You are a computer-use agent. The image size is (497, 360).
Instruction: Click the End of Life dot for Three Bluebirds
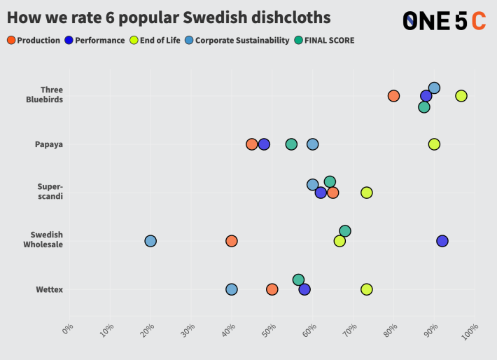click(461, 96)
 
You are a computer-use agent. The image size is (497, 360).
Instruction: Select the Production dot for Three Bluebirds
click(393, 96)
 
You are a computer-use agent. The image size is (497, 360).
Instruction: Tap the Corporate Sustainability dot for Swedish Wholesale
click(150, 241)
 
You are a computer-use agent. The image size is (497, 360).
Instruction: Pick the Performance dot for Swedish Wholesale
click(442, 241)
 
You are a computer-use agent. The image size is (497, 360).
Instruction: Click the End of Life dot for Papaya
click(434, 144)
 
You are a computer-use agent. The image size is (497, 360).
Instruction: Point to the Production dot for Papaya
click(252, 144)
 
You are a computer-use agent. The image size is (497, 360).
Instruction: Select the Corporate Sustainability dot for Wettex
click(232, 289)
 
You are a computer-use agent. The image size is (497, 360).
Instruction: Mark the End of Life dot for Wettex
click(366, 289)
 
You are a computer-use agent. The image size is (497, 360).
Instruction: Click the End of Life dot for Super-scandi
click(366, 193)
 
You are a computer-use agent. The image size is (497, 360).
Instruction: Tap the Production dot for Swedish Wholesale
click(232, 241)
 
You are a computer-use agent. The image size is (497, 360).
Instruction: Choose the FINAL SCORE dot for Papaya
click(291, 144)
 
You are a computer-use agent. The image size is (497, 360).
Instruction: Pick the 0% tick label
click(67, 328)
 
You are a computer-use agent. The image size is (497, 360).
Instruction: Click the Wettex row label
click(49, 289)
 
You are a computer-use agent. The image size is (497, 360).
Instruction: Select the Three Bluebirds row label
click(51, 95)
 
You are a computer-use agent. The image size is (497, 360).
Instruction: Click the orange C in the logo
click(479, 21)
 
